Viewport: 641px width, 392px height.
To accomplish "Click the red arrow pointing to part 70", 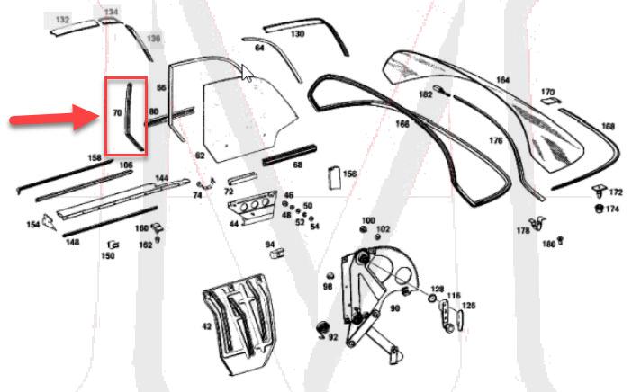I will coord(54,119).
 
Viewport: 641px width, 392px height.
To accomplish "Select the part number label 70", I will coord(117,113).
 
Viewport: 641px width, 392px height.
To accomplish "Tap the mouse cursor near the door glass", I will coord(246,73).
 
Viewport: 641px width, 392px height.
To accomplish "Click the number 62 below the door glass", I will coord(200,156).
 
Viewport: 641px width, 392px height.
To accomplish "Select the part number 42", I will coord(206,326).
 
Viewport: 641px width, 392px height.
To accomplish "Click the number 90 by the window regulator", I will coord(394,308).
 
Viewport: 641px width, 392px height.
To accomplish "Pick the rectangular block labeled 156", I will coord(333,176).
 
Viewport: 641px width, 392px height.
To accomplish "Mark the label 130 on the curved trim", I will coord(297,34).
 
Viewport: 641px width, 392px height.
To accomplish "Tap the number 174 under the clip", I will coord(612,209).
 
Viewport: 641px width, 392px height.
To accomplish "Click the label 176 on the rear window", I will coord(495,140).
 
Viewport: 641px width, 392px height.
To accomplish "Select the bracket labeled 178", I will coord(538,224).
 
